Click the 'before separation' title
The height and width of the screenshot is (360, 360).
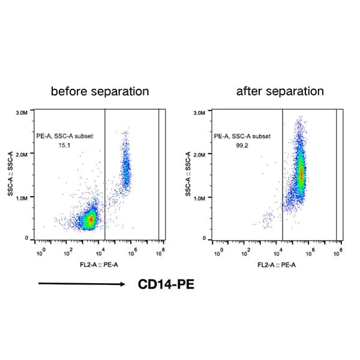click(100, 92)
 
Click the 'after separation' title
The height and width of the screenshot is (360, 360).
click(280, 92)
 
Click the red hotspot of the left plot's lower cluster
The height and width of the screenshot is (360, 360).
click(91, 220)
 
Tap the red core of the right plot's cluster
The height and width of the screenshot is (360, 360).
click(301, 174)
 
